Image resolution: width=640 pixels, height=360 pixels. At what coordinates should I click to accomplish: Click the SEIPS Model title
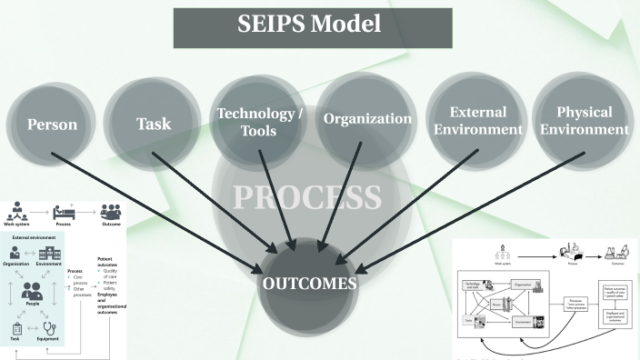(x=312, y=28)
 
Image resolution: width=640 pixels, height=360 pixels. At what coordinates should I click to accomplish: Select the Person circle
(x=53, y=125)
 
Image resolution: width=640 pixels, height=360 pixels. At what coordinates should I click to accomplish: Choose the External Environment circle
(x=478, y=121)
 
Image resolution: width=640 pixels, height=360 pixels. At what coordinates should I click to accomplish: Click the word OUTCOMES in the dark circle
(x=310, y=284)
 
